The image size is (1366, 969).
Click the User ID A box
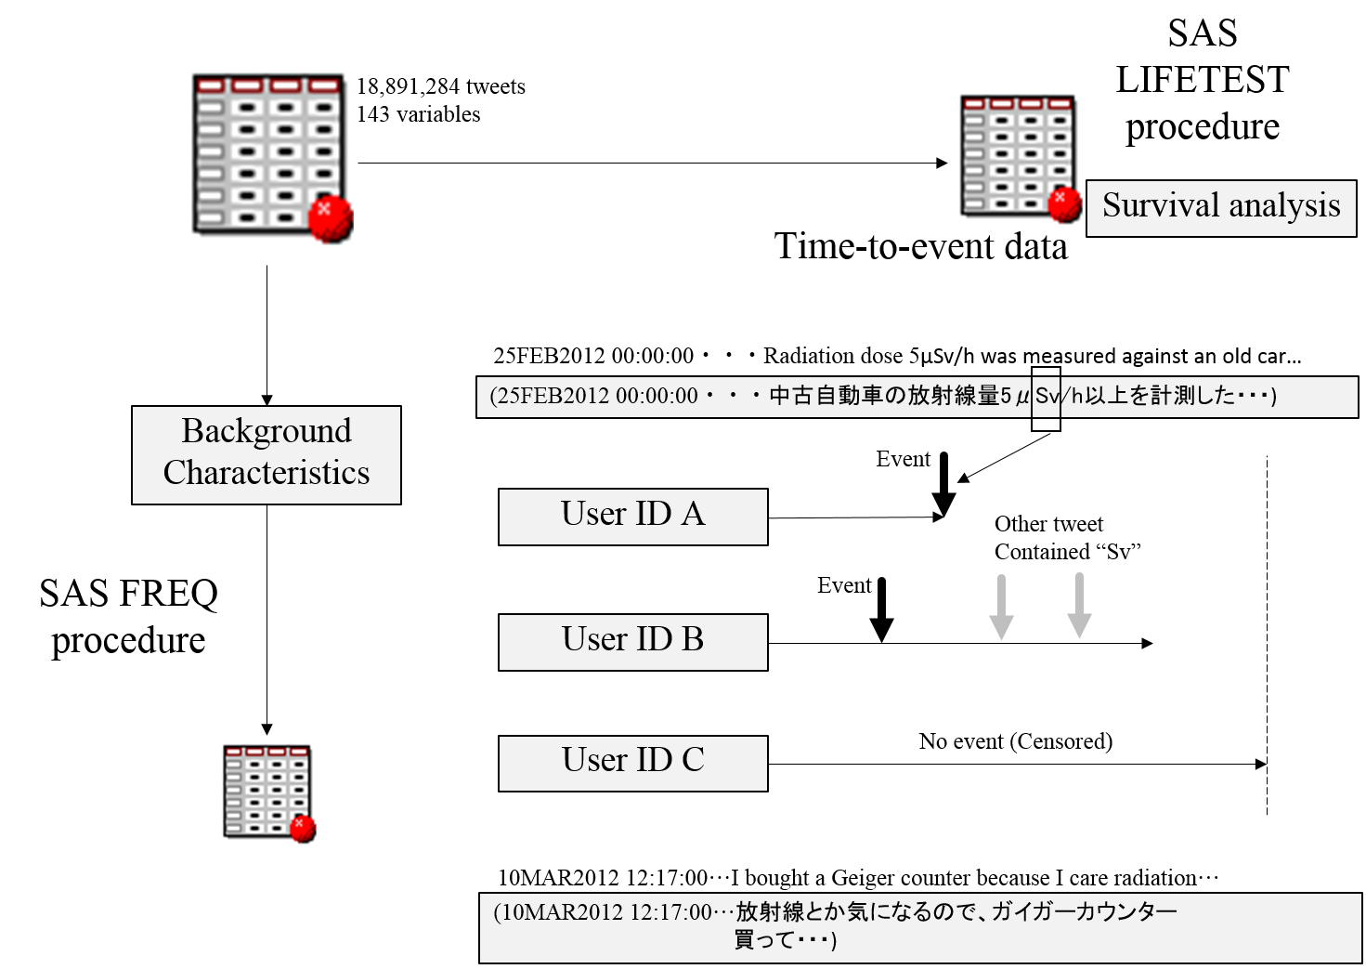tap(632, 517)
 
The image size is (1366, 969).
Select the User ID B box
tap(632, 642)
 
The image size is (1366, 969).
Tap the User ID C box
tap(632, 763)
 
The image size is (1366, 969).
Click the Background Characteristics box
tap(267, 455)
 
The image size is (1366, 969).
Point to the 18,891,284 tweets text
tap(441, 86)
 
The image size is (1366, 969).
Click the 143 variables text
tap(419, 114)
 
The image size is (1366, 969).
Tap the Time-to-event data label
tap(920, 246)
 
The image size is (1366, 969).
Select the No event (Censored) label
tap(1015, 741)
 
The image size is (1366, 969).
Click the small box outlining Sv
tap(1046, 399)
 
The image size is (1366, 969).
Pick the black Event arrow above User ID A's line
tap(943, 484)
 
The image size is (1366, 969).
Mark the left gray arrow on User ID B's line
tap(1001, 607)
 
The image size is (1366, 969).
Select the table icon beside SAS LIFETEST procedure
tap(1019, 157)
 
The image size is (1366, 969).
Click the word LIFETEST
tap(1202, 80)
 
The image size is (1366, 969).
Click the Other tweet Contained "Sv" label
tap(1067, 538)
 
